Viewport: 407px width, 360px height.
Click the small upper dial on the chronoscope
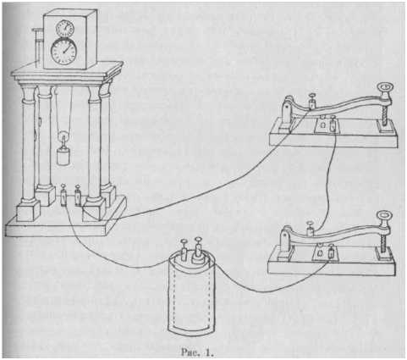tap(65, 29)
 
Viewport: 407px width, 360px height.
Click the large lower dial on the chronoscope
tap(63, 52)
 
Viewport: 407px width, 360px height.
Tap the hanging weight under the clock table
tap(63, 157)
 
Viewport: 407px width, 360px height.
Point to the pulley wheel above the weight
tap(63, 138)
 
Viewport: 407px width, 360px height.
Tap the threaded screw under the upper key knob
tap(385, 113)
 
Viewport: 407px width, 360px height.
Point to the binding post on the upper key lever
tap(312, 101)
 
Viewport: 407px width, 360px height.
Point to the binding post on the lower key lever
tap(311, 229)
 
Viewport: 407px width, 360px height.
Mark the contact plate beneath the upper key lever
tap(327, 125)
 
